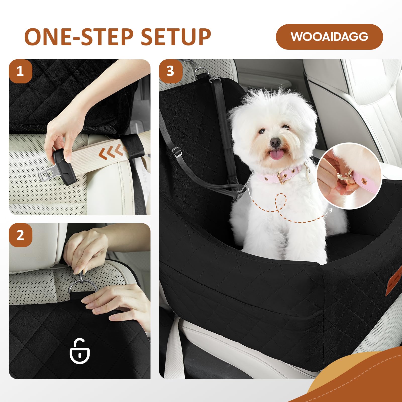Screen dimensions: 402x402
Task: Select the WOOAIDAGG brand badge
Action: [x=329, y=37]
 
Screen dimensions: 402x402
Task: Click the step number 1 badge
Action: [x=20, y=71]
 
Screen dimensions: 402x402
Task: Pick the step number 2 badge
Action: [x=20, y=235]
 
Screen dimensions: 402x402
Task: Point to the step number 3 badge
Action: [x=171, y=71]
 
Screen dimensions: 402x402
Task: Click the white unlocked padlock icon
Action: [x=80, y=351]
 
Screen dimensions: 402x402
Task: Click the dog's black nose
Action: [x=275, y=142]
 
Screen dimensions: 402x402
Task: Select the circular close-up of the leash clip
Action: [x=349, y=176]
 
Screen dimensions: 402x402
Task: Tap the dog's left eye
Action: [x=262, y=131]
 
